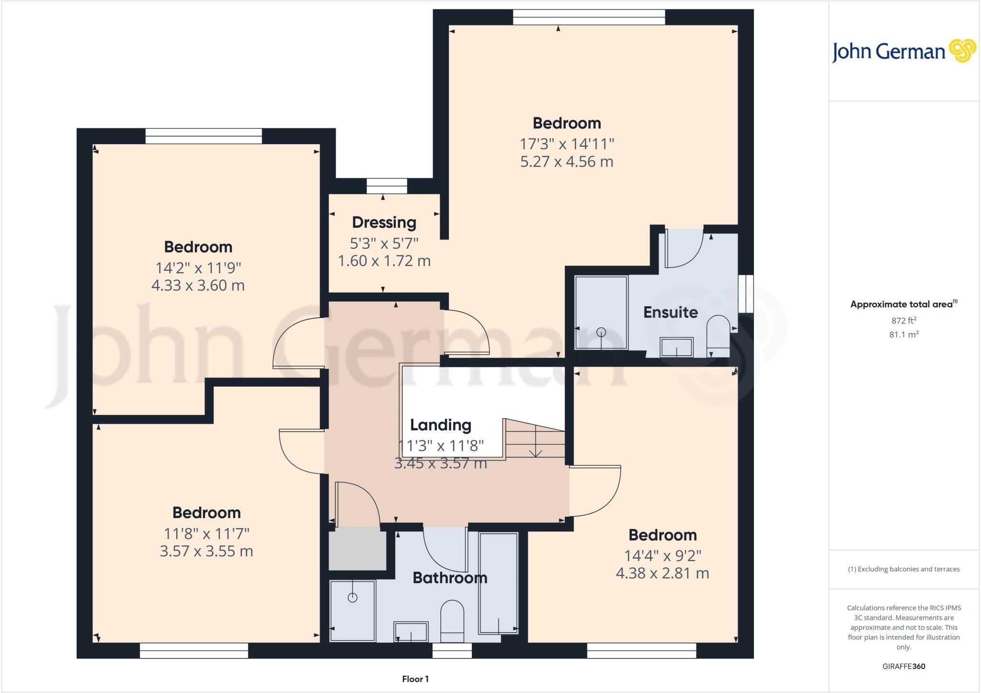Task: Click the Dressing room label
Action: click(384, 222)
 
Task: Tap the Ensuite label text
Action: click(670, 312)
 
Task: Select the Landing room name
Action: click(440, 425)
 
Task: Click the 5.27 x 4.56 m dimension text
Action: click(567, 162)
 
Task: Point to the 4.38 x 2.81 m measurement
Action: click(662, 573)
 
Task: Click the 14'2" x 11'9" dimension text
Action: click(198, 267)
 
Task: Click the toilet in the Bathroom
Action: click(452, 620)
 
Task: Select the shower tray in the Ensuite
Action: click(601, 312)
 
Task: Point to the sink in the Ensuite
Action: click(676, 347)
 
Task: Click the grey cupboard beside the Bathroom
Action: click(357, 549)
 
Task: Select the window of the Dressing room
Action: click(387, 186)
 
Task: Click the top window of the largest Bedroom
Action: click(589, 17)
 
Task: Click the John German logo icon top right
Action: click(962, 50)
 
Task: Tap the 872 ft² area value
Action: click(903, 321)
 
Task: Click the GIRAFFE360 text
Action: click(903, 666)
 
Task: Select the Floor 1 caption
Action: click(415, 679)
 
